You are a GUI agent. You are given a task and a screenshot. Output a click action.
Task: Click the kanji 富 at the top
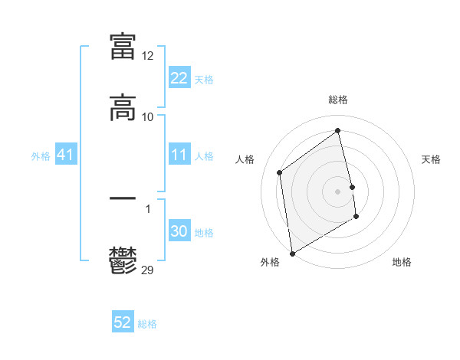(x=123, y=46)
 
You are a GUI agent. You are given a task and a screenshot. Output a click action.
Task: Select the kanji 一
(x=123, y=198)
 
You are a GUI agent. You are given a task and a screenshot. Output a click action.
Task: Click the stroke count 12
(x=147, y=56)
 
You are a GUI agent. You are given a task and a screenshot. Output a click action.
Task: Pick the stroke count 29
(x=148, y=270)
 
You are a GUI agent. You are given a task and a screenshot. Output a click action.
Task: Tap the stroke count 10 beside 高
(x=147, y=117)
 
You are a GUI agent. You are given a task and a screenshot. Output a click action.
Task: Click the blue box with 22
(x=179, y=78)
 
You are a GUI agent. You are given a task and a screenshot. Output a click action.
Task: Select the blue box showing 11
(x=179, y=155)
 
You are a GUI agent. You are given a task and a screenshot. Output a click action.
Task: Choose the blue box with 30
(x=179, y=232)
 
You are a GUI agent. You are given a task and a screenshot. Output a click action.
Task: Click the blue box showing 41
(x=65, y=155)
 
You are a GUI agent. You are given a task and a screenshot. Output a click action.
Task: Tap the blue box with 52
(x=123, y=323)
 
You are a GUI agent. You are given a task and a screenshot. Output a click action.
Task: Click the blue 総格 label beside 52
(x=147, y=324)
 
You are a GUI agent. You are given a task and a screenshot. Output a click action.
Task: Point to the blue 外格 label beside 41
(x=41, y=156)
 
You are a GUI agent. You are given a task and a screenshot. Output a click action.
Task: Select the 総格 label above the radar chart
(x=338, y=100)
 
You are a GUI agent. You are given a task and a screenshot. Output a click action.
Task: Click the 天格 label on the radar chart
(x=431, y=159)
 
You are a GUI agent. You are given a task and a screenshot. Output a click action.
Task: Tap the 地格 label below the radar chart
(x=402, y=262)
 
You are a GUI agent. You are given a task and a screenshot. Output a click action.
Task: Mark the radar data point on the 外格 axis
(x=292, y=253)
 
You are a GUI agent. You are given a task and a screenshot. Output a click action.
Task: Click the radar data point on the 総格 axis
(x=338, y=131)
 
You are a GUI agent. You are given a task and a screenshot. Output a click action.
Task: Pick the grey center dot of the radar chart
(x=338, y=191)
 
